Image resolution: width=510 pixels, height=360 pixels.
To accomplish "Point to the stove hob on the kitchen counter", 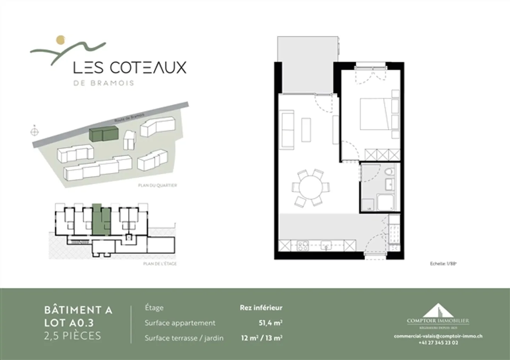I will tap(303, 245).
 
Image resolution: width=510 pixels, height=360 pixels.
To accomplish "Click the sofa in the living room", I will tap(287, 129).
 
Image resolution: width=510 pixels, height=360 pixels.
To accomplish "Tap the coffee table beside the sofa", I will tap(306, 130).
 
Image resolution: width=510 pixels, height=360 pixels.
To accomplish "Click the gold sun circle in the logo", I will tap(61, 40).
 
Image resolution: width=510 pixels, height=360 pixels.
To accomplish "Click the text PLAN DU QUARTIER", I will tap(158, 185).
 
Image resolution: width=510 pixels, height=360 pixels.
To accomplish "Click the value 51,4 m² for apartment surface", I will tap(271, 323).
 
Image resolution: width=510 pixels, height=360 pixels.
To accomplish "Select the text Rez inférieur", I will tap(261, 308).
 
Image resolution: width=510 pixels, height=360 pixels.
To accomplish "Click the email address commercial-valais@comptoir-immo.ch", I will tap(438, 336).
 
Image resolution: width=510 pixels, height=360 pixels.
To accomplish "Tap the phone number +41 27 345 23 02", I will tap(438, 343).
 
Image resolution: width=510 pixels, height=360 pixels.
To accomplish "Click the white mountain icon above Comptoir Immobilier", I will tap(438, 310).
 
